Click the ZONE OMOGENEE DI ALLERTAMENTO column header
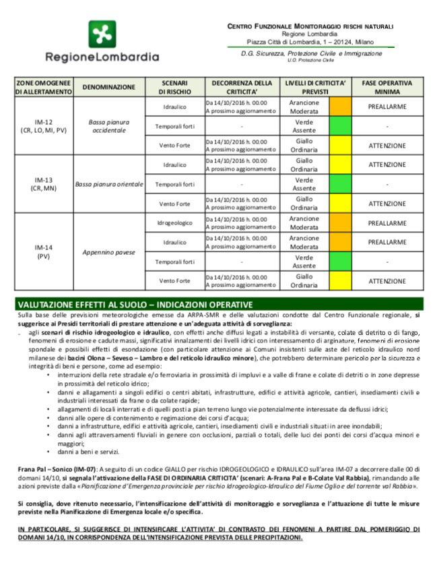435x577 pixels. [42, 87]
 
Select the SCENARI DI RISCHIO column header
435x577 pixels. [174, 87]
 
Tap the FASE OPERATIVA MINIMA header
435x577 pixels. [387, 87]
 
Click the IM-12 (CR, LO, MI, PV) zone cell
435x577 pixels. [42, 126]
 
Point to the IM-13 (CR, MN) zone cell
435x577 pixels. [42, 184]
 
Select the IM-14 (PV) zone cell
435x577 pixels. [42, 251]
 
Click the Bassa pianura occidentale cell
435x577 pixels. [109, 126]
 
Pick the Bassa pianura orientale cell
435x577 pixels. [109, 184]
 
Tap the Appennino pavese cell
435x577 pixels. [109, 251]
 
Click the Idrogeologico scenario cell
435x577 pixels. [174, 222]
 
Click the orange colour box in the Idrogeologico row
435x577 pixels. [341, 222]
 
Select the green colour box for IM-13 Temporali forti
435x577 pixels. [341, 184]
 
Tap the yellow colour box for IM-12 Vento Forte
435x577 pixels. [341, 146]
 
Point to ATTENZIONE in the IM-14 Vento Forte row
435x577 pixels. [387, 281]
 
